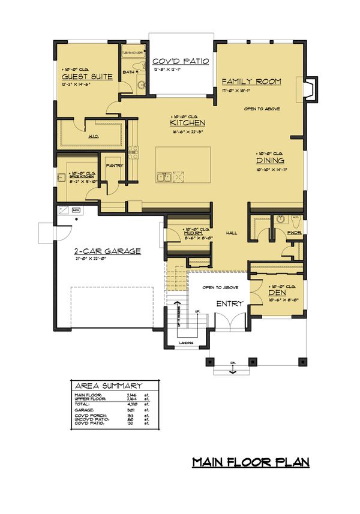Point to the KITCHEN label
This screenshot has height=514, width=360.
188,123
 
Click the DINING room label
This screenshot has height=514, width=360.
270,160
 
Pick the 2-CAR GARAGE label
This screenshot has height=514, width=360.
107,251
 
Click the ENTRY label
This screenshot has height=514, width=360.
229,303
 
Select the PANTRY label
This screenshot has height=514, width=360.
114,166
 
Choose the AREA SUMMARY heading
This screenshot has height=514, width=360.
108,385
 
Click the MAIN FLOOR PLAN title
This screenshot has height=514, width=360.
250,462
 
